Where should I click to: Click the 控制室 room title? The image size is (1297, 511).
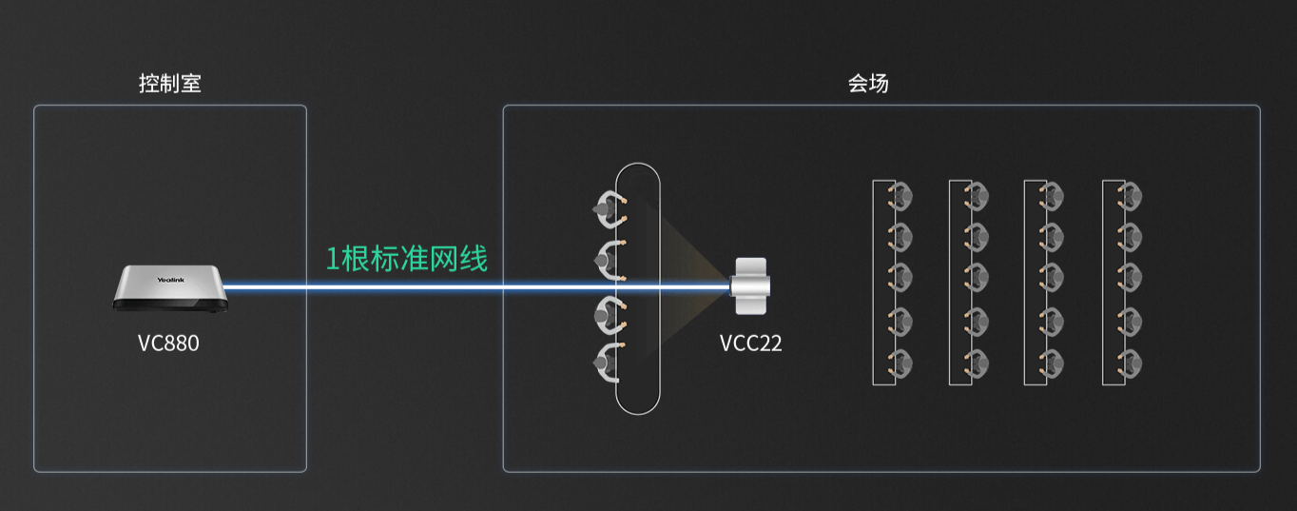(x=169, y=84)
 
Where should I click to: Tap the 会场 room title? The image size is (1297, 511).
(x=867, y=84)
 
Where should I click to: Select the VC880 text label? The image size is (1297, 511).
(x=168, y=344)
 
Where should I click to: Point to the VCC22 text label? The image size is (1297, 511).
(x=750, y=344)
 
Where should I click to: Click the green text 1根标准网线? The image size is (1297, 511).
(x=406, y=258)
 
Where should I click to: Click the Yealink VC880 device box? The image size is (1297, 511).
(x=170, y=288)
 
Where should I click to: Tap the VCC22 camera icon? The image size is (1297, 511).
(x=749, y=285)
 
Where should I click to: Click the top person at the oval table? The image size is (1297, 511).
(x=608, y=210)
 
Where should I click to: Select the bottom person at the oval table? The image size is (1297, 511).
(x=608, y=362)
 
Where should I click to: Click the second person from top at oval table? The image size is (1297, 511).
(x=608, y=257)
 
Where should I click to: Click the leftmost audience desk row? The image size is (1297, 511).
(x=883, y=282)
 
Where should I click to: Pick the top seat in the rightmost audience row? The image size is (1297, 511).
(x=1129, y=197)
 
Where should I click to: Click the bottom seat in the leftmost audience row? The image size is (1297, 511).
(x=900, y=364)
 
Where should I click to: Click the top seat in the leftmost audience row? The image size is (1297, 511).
(x=900, y=197)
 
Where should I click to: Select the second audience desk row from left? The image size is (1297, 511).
(x=959, y=282)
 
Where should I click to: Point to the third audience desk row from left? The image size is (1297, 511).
(x=1035, y=282)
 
